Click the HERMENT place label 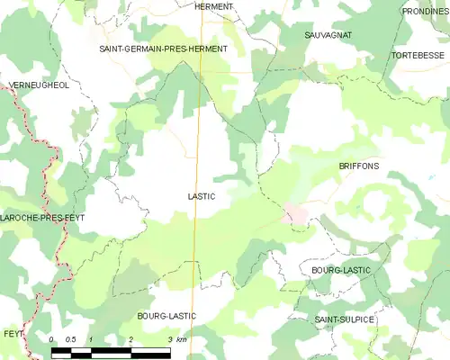(x=213, y=6)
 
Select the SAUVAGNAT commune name (x=328, y=34)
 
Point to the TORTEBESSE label (x=418, y=55)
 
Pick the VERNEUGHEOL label (x=38, y=85)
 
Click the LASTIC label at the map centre (x=202, y=195)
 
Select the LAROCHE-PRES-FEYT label (x=36, y=219)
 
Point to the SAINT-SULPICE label (x=345, y=319)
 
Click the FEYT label (x=13, y=333)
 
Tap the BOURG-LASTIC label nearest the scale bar (x=166, y=316)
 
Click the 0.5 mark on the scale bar (x=72, y=339)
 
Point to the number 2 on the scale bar (x=131, y=339)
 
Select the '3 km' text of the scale (x=177, y=339)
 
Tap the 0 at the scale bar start (x=52, y=339)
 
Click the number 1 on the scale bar (x=92, y=339)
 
